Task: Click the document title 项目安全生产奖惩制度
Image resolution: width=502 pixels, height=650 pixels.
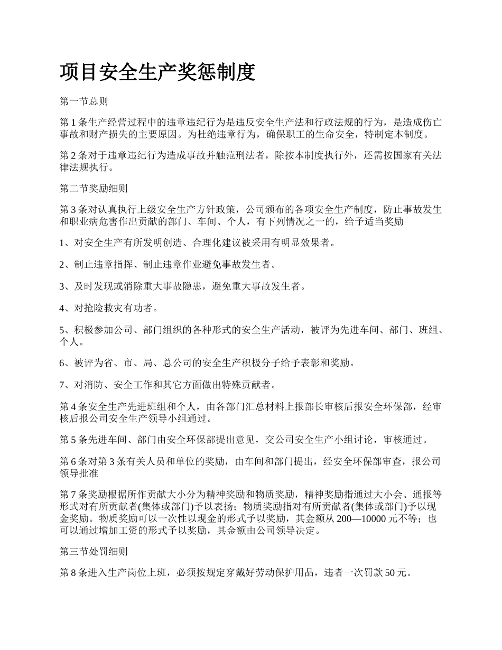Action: click(x=157, y=72)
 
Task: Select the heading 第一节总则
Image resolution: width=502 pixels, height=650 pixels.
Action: click(x=84, y=101)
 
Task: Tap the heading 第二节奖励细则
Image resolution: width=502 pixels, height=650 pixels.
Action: click(x=94, y=188)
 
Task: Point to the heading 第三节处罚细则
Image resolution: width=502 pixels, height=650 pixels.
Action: click(x=94, y=552)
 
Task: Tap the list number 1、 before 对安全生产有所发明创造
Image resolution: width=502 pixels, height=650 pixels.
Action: click(x=66, y=243)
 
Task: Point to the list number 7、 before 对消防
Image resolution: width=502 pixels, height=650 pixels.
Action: click(x=66, y=384)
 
